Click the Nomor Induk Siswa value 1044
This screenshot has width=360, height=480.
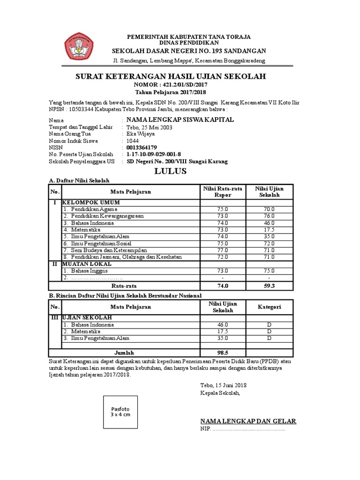coord(133,141)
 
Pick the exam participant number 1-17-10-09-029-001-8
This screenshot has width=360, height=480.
coord(154,154)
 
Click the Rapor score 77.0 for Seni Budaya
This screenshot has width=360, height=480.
coord(222,250)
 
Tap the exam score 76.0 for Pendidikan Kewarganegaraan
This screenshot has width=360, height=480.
coord(269,216)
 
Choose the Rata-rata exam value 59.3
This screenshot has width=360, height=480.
coord(269,285)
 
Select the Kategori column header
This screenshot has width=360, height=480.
coord(269,307)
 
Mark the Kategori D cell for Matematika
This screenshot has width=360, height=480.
coord(269,331)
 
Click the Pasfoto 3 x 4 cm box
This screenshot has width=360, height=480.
coord(120,412)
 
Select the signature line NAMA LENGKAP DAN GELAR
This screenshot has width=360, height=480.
coord(248,421)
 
